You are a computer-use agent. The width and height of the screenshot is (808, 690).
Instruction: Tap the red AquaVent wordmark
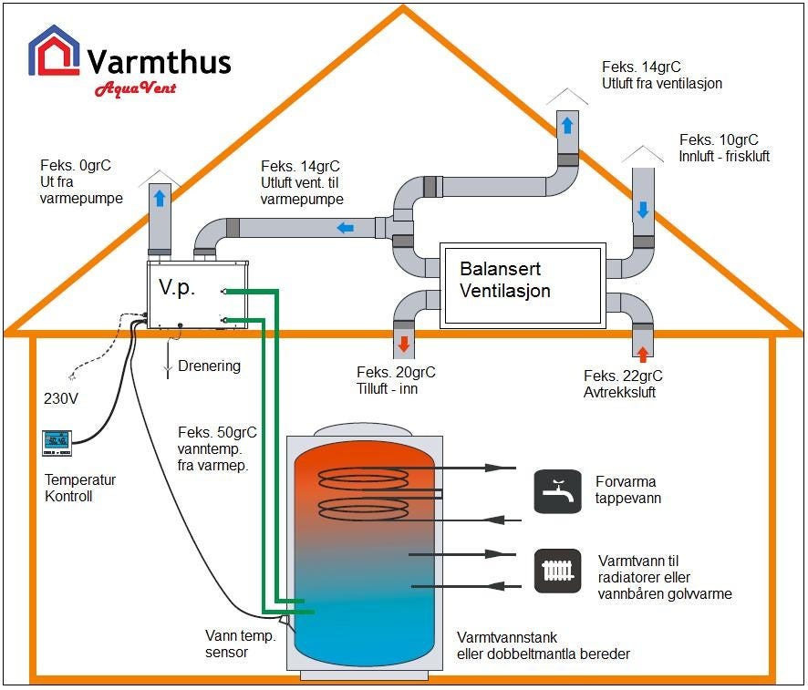(135, 88)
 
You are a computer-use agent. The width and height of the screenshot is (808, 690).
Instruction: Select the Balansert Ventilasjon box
(522, 284)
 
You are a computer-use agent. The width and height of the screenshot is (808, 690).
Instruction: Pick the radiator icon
(556, 572)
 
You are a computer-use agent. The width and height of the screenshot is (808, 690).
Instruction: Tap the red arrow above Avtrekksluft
(642, 353)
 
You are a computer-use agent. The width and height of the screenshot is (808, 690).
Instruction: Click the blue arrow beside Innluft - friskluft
(643, 210)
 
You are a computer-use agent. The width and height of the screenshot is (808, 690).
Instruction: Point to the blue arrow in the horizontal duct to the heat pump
(346, 227)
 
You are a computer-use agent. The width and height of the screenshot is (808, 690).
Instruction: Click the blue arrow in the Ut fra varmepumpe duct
(160, 198)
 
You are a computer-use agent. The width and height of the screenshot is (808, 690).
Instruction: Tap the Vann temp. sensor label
(240, 644)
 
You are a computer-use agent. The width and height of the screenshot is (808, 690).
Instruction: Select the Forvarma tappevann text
(627, 490)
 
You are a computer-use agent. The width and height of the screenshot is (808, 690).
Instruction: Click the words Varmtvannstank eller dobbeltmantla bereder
(543, 646)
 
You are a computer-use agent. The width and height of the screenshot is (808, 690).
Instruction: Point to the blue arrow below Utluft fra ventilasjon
(567, 126)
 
